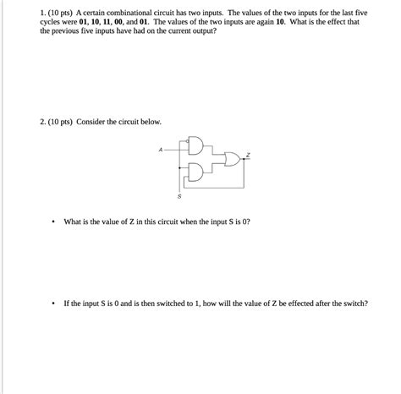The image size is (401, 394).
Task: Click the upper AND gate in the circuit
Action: click(196, 145)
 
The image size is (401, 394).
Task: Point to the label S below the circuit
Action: click(179, 196)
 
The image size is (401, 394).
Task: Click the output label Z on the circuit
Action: click(248, 154)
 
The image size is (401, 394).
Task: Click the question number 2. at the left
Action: click(42, 122)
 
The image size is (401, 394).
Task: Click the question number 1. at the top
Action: click(42, 15)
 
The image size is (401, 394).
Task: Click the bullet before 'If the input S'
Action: click(52, 304)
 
